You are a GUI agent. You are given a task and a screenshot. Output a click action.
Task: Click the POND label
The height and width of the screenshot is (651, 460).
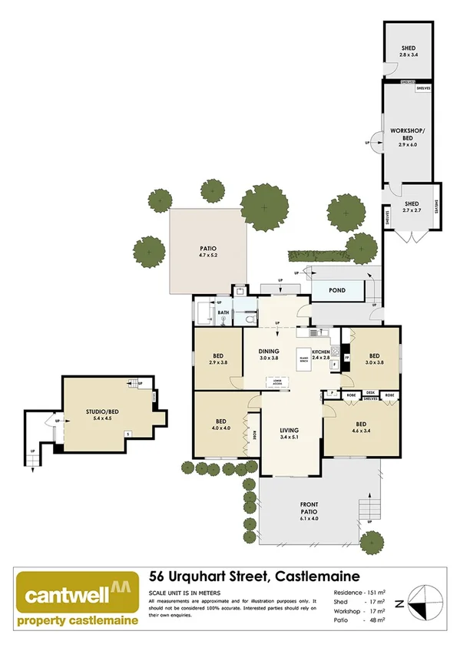336,291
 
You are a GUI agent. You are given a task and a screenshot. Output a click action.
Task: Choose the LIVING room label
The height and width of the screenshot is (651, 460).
289,430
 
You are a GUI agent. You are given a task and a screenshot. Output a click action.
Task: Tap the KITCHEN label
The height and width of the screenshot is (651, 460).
320,350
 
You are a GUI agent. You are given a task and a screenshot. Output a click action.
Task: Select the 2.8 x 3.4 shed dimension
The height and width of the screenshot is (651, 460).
408,56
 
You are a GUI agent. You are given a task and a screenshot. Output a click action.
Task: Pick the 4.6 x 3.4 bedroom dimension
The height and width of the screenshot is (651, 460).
361,431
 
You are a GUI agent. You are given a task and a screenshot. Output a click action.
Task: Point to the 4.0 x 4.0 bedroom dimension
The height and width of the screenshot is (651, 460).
220,429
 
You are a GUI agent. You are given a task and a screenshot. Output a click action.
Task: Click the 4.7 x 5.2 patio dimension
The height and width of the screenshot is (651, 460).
208,256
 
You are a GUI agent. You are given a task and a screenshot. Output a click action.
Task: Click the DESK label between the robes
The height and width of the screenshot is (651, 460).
371,392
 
